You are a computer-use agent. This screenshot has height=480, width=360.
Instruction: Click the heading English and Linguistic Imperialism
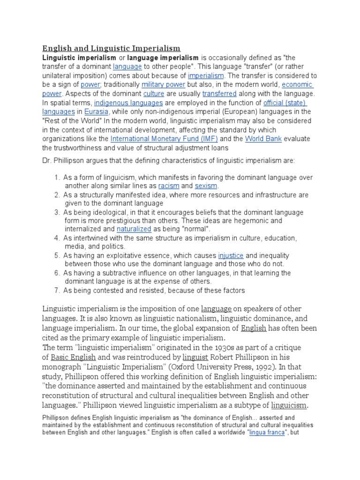111,48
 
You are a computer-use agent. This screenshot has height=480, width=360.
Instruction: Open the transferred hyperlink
219,94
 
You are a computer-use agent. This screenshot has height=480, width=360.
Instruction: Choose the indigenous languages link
128,103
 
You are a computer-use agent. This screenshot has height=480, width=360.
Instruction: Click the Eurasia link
97,112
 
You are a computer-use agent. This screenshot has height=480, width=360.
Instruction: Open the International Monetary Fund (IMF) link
164,139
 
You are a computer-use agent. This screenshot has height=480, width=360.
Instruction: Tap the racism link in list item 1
169,186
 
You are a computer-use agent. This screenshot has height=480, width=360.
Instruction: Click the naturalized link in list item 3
134,229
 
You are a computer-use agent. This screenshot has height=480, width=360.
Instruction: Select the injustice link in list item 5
231,256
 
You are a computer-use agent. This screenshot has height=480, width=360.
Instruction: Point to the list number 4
56,238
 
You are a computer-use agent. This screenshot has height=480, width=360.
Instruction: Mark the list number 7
56,291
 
